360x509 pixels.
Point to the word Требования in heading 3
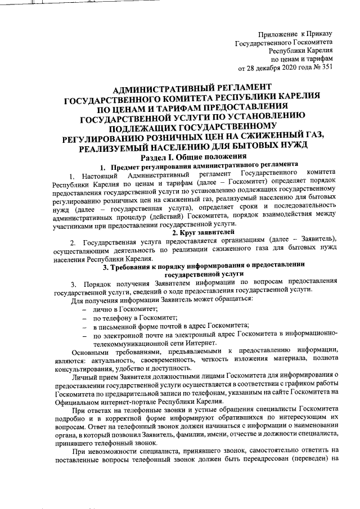coord(134,266)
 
